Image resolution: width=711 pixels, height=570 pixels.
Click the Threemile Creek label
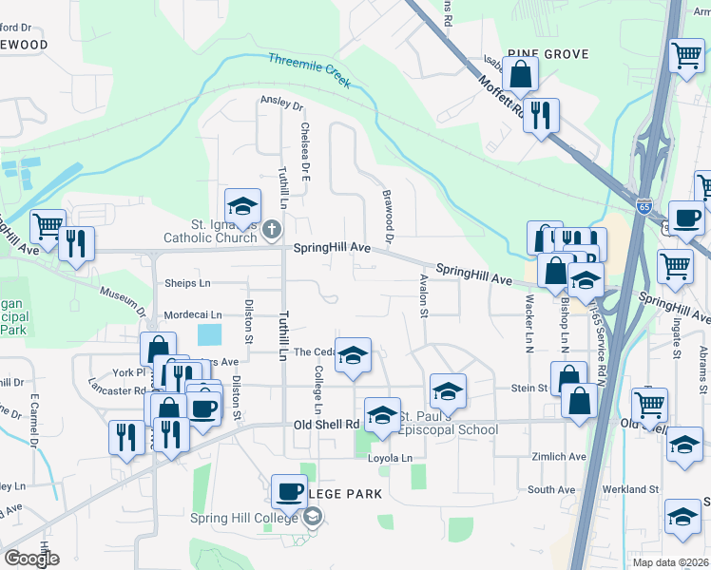coord(309,71)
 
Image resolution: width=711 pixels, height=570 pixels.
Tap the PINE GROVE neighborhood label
coord(548,54)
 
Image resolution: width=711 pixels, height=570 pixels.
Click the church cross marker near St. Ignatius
coord(271,228)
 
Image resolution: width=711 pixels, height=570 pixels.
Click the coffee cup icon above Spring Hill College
coord(289,491)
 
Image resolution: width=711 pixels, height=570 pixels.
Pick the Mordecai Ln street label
coord(192,314)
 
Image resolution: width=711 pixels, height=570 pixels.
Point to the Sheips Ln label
coord(187,283)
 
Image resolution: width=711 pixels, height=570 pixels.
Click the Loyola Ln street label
coord(393,458)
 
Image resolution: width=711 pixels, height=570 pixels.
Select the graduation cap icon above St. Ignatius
coord(242,206)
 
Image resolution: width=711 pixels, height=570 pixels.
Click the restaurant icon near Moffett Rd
coord(541,115)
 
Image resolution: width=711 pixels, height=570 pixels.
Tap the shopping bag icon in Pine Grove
coord(521,73)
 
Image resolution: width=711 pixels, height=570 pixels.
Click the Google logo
coord(31,558)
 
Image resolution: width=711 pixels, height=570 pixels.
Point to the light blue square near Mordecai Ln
coord(209,334)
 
